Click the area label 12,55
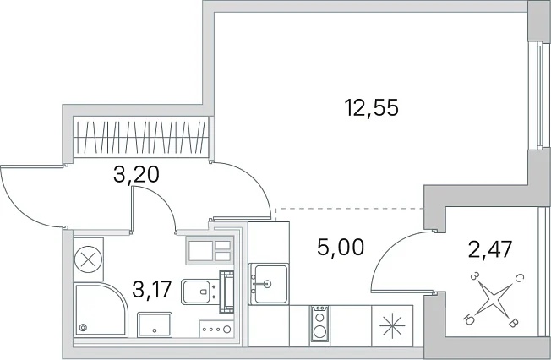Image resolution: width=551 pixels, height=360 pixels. (372, 107)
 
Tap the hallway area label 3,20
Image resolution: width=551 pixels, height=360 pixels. (136, 174)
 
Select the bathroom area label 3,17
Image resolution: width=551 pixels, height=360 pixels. (152, 290)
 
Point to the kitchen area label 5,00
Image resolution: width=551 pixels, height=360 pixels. (341, 247)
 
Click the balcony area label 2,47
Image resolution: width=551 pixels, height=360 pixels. (490, 249)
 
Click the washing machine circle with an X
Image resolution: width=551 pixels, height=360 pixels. (88, 259)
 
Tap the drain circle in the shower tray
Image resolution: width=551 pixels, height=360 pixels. (83, 328)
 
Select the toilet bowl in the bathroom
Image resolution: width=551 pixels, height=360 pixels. (198, 292)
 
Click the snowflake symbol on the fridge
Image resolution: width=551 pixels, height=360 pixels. (392, 326)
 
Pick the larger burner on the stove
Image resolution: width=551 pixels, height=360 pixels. (319, 331)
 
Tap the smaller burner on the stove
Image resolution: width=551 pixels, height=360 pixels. (319, 318)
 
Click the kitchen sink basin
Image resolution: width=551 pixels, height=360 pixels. (270, 284)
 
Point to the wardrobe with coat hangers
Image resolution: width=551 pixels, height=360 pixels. (140, 138)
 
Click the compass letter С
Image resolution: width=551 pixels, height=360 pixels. (520, 279)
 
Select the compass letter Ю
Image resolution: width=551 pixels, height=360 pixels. (468, 319)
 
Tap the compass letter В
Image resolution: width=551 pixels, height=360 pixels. (513, 323)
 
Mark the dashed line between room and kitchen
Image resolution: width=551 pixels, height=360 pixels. (350, 209)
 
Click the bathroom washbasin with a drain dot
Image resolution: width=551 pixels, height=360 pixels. (155, 325)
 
